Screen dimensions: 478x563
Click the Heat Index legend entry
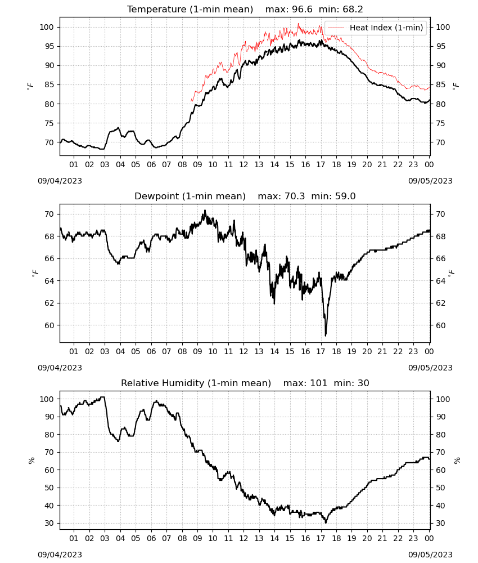pyautogui.click(x=376, y=28)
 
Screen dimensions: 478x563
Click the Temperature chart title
pyautogui.click(x=245, y=9)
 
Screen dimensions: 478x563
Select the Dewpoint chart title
pyautogui.click(x=245, y=196)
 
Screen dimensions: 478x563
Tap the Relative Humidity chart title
pyautogui.click(x=245, y=383)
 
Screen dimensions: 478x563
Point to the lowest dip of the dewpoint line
pyautogui.click(x=326, y=336)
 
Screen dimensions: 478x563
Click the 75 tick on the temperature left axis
pyautogui.click(x=49, y=123)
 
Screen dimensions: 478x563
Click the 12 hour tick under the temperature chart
pyautogui.click(x=244, y=164)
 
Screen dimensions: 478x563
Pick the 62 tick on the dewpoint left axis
pyautogui.click(x=49, y=303)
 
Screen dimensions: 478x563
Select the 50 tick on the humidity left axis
pyautogui.click(x=49, y=488)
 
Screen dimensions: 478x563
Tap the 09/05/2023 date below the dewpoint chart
pyautogui.click(x=430, y=368)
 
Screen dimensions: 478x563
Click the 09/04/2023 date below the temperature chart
pyautogui.click(x=60, y=181)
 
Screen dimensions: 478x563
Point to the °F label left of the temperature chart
pyautogui.click(x=30, y=86)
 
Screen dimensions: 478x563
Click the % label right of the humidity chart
pyautogui.click(x=457, y=461)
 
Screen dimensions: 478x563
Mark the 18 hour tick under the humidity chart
pyautogui.click(x=336, y=538)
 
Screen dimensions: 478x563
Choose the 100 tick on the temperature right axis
pyautogui.click(x=443, y=27)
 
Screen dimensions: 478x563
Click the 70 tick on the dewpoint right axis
pyautogui.click(x=440, y=214)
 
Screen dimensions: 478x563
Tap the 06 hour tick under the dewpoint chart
pyautogui.click(x=151, y=351)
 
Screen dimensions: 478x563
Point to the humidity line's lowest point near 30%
pyautogui.click(x=326, y=522)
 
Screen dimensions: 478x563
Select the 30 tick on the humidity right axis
pyautogui.click(x=440, y=523)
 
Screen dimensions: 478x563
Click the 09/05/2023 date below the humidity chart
pyautogui.click(x=430, y=555)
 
